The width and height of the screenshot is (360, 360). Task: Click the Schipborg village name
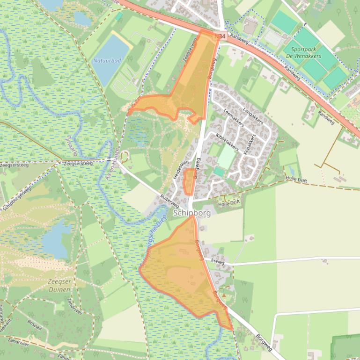(192, 213)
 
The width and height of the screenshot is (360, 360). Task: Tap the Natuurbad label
(107, 61)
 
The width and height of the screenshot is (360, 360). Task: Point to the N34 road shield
(219, 36)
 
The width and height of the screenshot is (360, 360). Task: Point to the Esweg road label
(218, 262)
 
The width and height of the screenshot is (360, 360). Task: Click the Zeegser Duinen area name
(59, 285)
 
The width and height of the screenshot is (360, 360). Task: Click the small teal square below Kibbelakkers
(219, 172)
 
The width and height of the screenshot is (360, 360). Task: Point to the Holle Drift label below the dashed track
(229, 202)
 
